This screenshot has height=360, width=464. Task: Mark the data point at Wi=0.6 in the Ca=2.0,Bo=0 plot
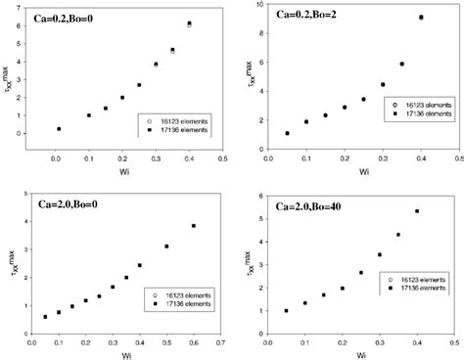[194, 226]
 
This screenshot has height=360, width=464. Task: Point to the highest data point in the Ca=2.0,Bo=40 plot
[417, 211]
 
